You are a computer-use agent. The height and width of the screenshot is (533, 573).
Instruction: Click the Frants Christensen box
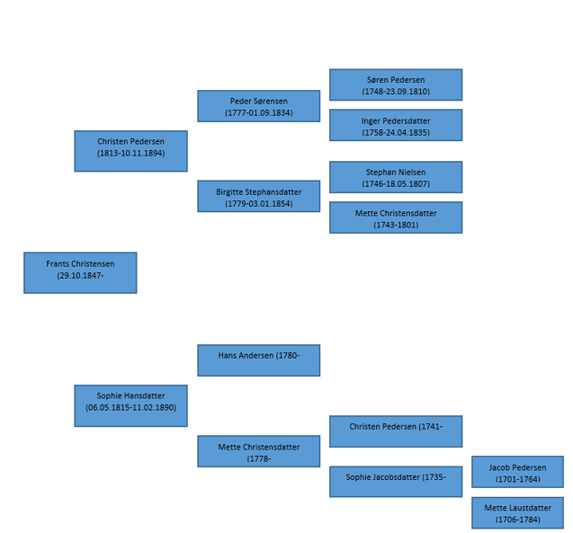click(80, 272)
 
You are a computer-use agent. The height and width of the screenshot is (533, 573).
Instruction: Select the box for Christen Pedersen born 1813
click(130, 151)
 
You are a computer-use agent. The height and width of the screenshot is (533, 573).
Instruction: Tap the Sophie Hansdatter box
click(130, 405)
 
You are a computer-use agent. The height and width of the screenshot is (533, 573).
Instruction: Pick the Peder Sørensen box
click(258, 106)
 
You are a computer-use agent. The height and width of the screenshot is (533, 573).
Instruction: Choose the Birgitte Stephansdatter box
click(258, 196)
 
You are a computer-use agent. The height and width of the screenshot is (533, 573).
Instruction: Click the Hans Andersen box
click(258, 360)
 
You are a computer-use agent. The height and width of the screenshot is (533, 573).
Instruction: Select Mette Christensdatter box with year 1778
click(258, 451)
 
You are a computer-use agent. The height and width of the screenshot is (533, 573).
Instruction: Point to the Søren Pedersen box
click(395, 84)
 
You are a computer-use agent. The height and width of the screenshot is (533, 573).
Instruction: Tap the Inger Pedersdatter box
click(395, 125)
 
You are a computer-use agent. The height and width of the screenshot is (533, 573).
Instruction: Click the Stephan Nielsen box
click(395, 177)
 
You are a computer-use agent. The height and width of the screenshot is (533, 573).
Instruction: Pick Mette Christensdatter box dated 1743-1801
click(395, 218)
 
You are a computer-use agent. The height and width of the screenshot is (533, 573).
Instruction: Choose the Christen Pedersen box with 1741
click(395, 431)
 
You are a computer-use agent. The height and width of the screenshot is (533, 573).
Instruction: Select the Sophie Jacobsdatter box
click(395, 481)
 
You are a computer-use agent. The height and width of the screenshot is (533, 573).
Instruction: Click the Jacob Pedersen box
click(517, 472)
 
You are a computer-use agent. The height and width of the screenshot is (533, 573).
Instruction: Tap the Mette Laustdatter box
click(517, 512)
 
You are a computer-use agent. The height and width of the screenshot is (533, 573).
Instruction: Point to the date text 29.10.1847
click(80, 275)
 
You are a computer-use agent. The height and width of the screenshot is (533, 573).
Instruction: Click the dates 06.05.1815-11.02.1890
click(130, 408)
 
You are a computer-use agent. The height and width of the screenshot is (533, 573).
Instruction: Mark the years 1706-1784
click(517, 520)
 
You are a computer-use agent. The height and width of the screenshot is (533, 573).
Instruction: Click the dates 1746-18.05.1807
click(396, 184)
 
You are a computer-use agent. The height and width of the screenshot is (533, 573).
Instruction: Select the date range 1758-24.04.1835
click(396, 132)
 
